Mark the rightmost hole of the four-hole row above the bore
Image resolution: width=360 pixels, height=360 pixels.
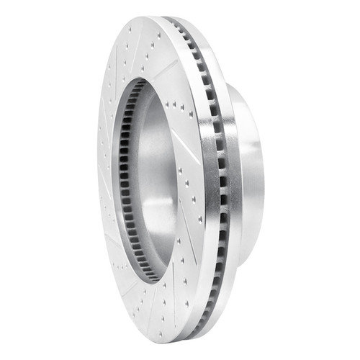(x=191, y=116)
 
